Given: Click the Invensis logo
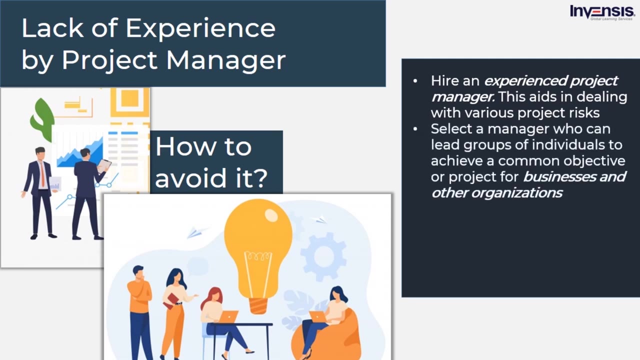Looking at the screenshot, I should click(x=602, y=12).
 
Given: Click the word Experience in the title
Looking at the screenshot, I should click(x=200, y=28).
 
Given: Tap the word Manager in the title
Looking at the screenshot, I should click(x=226, y=60).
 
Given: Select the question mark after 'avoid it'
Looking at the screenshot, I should click(x=257, y=177).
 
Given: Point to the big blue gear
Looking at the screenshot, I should click(x=323, y=256).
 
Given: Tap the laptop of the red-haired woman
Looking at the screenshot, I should click(x=228, y=316).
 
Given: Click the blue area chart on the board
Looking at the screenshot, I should click(x=80, y=153).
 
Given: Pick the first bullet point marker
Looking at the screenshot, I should click(x=415, y=81).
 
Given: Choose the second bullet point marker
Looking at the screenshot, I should click(x=415, y=129).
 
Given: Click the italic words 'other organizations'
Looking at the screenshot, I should click(x=496, y=193).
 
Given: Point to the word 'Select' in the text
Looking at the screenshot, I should click(x=451, y=129).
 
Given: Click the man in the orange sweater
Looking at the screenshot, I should click(x=139, y=305).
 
